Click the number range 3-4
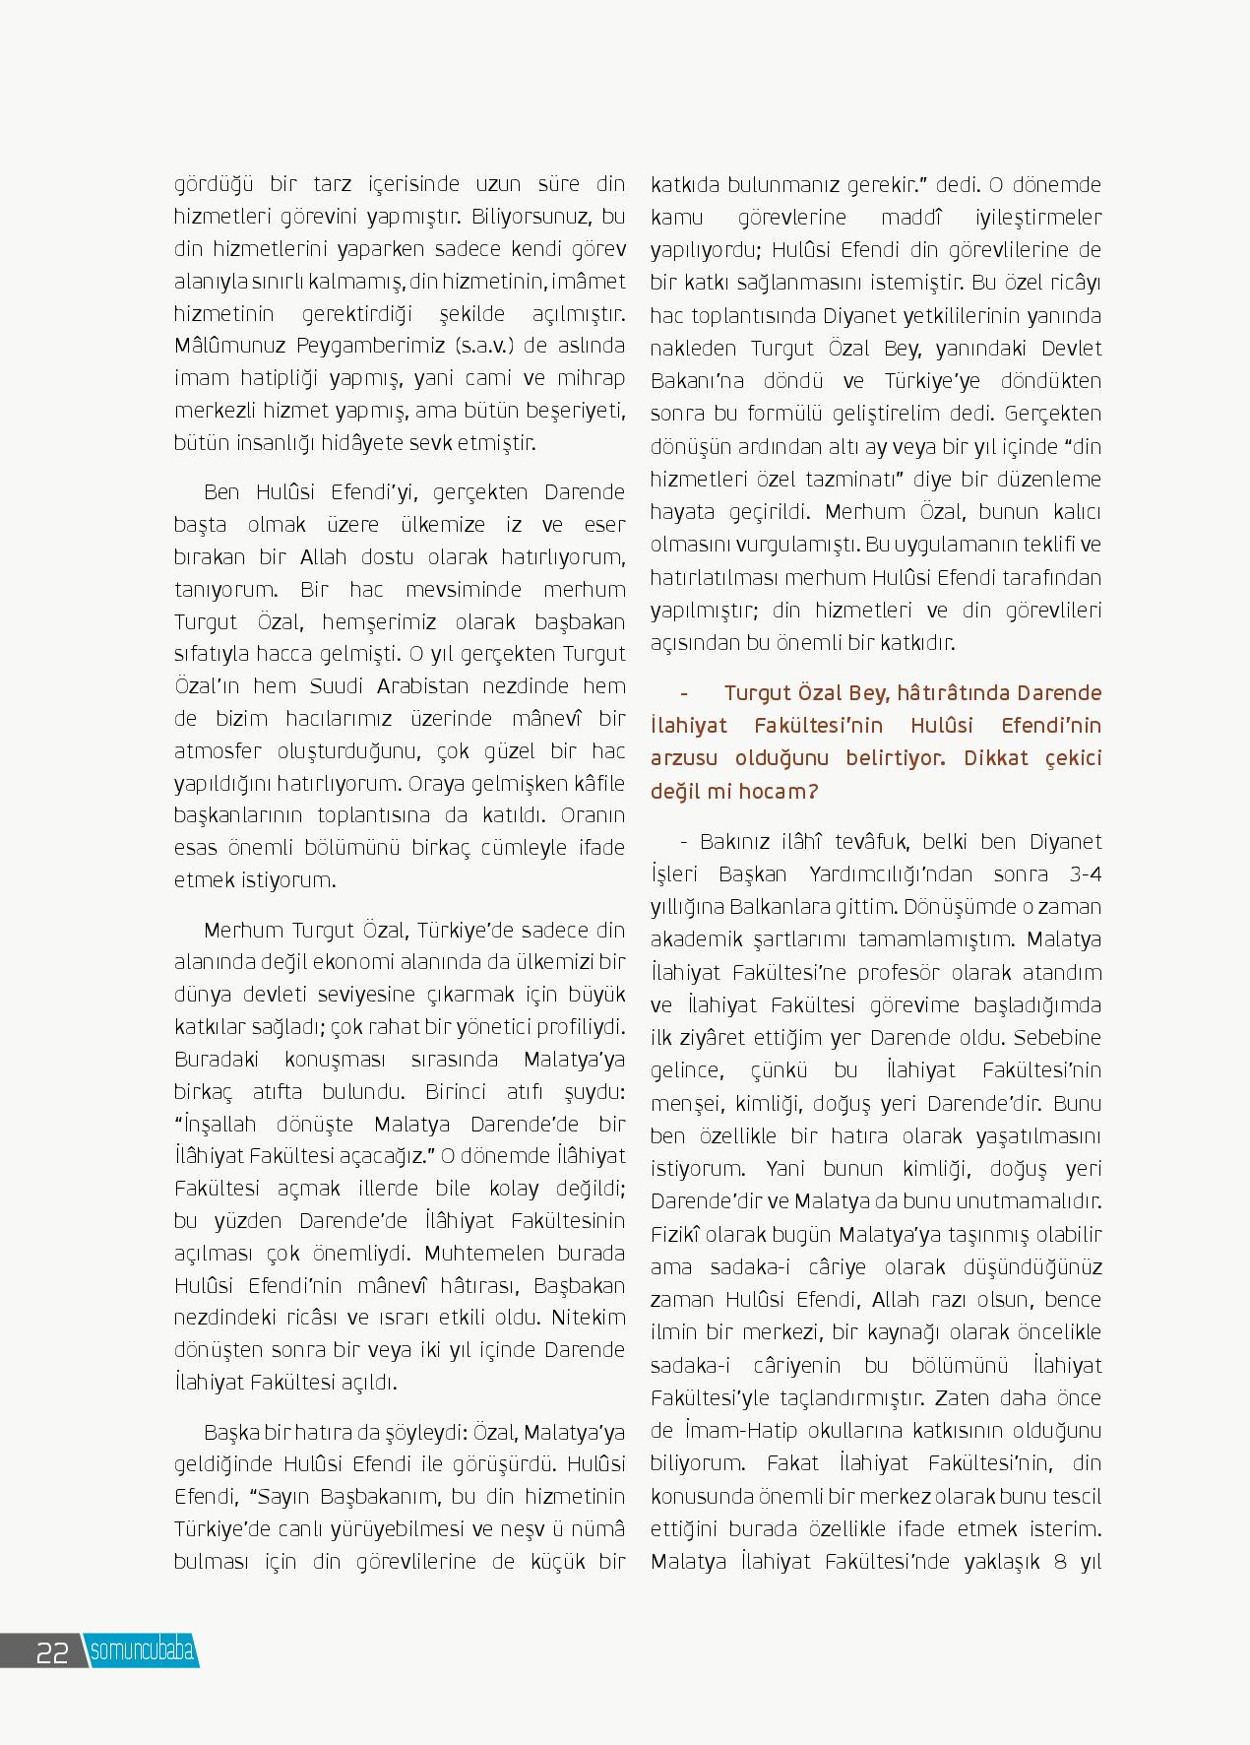(1084, 873)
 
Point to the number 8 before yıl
(1059, 1561)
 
